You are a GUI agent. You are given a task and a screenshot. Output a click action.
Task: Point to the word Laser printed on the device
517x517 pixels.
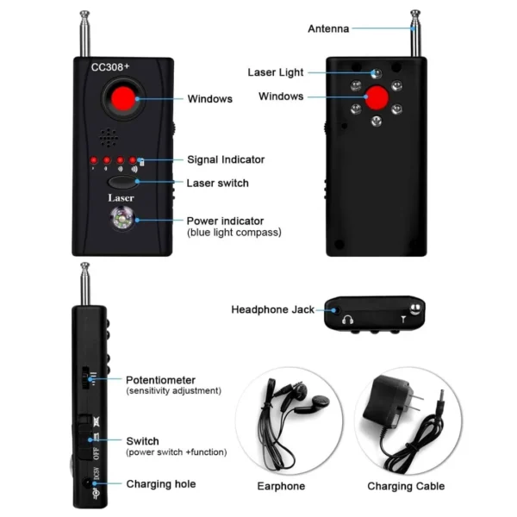coord(121,198)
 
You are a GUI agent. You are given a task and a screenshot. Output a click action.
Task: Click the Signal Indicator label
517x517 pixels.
coord(226,159)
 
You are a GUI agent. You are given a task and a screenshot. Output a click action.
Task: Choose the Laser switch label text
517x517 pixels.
coord(217,183)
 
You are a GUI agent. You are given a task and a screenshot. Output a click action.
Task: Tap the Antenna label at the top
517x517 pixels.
coord(328,28)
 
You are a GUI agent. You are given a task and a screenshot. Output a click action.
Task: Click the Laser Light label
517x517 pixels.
coord(275,72)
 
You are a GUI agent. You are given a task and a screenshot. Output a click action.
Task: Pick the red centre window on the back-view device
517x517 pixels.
coord(377,99)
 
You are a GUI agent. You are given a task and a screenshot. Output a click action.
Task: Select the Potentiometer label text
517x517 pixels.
coord(160,379)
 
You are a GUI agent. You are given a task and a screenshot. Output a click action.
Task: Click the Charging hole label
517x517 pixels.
coord(160,484)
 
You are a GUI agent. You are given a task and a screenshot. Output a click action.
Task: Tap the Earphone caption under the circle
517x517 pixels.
coord(281,486)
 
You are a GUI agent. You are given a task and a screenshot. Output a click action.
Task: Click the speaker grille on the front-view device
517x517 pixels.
coord(109,137)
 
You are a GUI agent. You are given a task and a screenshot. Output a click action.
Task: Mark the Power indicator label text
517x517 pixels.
coord(225,221)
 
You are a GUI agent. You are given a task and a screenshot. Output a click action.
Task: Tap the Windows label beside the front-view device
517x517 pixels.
coord(209,99)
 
